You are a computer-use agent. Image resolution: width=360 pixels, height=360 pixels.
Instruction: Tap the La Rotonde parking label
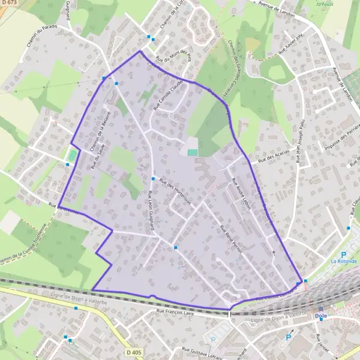pyautogui.click(x=343, y=261)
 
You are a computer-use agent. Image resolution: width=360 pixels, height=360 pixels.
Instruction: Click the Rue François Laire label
pyautogui.click(x=176, y=311)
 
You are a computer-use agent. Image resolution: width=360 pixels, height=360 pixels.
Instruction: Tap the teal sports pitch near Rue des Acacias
pyautogui.click(x=192, y=152)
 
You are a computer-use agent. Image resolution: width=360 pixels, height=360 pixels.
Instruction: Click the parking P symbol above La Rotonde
pyautogui.click(x=344, y=254)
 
